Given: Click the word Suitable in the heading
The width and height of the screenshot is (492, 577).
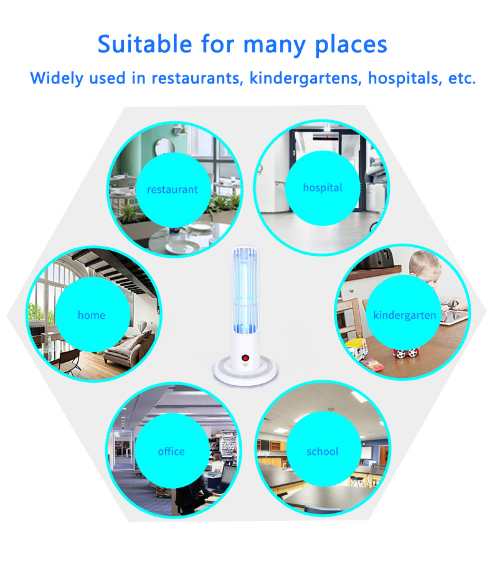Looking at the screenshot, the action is point(144,44).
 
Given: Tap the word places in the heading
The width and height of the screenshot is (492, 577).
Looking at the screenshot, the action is point(351,45).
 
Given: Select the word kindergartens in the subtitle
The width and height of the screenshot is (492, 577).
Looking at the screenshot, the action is point(305,78).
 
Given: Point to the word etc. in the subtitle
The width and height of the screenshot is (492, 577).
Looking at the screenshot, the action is point(462,78).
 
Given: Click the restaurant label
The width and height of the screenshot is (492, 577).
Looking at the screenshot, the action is point(173,189).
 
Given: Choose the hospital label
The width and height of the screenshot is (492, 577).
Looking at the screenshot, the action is point(323,188).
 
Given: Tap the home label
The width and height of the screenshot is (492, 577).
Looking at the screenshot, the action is point(92,314).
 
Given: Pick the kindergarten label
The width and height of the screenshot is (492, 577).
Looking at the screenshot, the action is point(404,316).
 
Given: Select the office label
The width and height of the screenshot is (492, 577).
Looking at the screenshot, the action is point(171,451).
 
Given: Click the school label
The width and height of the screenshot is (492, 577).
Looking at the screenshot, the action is point(322,451).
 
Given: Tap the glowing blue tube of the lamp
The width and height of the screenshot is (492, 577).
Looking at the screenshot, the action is point(245,291).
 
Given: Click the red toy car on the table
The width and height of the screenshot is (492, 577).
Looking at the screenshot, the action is point(406,352).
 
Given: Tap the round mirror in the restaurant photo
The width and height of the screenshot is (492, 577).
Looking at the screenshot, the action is point(164,146).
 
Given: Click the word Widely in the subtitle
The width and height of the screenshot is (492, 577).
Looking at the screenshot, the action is point(57,78).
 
